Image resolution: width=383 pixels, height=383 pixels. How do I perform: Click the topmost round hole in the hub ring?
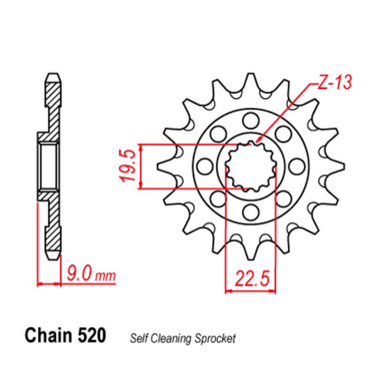[249, 119]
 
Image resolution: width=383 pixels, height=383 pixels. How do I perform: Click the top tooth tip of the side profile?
[52, 76]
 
